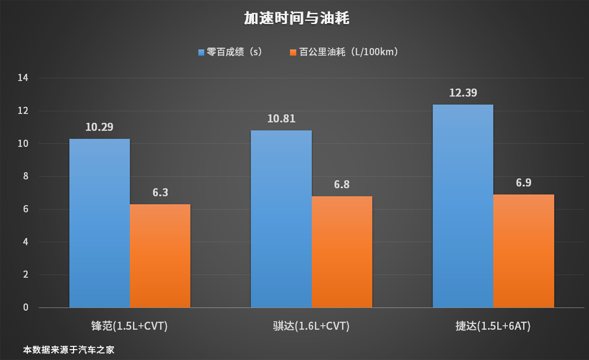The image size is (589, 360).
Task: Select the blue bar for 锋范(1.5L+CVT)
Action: click(x=99, y=223)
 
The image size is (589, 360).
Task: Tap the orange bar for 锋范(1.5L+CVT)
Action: click(x=160, y=256)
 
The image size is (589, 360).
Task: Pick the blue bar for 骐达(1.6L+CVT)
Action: click(x=281, y=219)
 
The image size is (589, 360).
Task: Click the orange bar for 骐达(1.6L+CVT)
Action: click(x=342, y=251)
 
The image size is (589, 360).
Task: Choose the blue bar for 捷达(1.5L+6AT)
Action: click(x=462, y=206)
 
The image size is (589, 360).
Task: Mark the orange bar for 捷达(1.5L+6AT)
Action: click(x=524, y=251)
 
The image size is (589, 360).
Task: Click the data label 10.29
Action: click(x=100, y=127)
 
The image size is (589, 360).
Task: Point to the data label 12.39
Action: click(x=463, y=93)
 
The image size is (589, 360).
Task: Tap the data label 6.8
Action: click(x=342, y=184)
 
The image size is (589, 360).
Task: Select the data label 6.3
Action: click(x=160, y=193)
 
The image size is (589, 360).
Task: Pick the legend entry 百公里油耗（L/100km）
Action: click(x=345, y=52)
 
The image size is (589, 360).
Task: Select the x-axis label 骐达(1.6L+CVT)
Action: click(x=311, y=326)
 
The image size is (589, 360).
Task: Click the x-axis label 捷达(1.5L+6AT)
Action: click(x=493, y=326)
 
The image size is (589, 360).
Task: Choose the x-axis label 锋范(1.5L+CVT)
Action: click(x=129, y=326)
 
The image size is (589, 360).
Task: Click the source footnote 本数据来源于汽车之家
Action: click(x=69, y=350)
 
